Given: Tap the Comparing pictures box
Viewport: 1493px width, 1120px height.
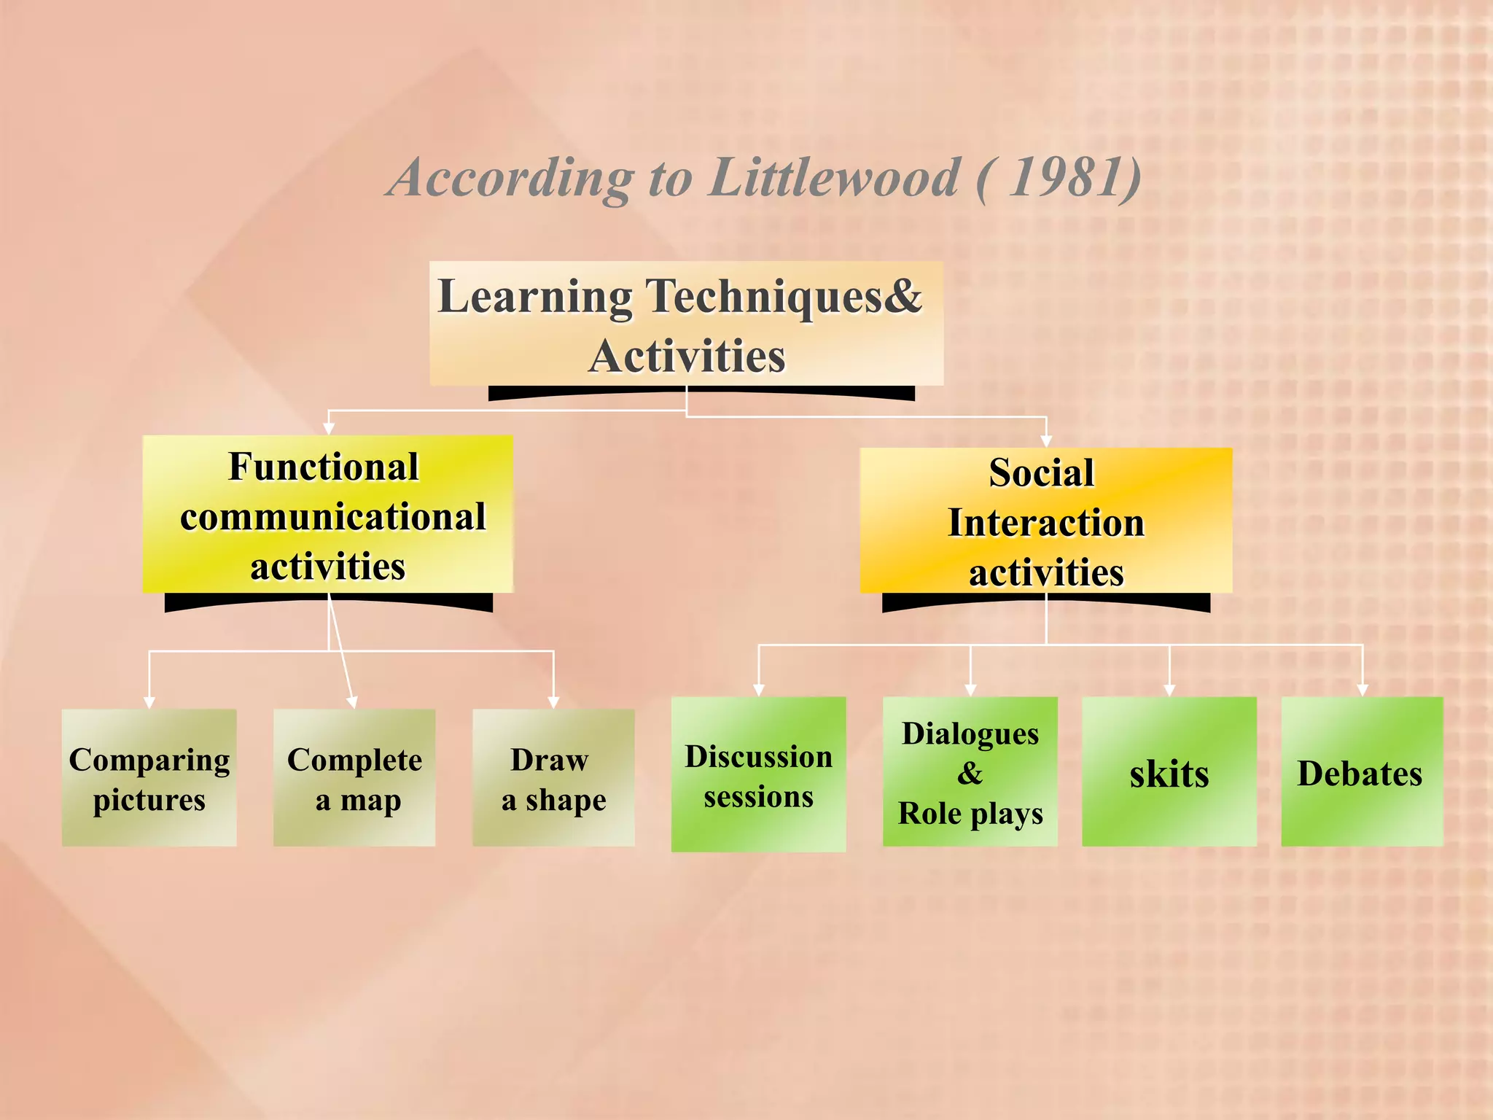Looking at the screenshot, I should click(x=149, y=778).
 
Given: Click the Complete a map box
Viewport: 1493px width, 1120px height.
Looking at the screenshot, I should click(x=354, y=778).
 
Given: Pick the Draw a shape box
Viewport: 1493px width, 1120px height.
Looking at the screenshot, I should click(x=553, y=778).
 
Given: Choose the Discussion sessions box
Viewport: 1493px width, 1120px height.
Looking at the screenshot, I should click(x=758, y=774).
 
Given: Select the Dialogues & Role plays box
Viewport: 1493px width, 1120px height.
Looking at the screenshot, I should click(x=970, y=771).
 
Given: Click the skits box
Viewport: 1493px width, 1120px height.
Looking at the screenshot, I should click(x=1169, y=771).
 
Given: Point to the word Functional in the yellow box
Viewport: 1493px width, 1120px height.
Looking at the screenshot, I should click(x=324, y=467).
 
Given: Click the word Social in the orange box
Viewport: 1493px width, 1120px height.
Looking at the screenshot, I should click(x=1042, y=472).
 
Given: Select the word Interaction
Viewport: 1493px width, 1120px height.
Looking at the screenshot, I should click(x=1046, y=523).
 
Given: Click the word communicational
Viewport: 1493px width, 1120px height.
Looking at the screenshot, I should click(x=332, y=517).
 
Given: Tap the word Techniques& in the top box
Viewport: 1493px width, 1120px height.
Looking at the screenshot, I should click(x=784, y=297).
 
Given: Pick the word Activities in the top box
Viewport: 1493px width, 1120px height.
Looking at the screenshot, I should click(x=687, y=357).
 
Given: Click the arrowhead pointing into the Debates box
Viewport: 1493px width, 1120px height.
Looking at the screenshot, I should click(x=1363, y=690).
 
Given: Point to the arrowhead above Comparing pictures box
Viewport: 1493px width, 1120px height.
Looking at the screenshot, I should click(x=149, y=702).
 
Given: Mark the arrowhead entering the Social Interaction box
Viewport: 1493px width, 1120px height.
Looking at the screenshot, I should click(x=1046, y=441).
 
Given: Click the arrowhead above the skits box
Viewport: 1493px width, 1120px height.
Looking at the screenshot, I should click(x=1170, y=690).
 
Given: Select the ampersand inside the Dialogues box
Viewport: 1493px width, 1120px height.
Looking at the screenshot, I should click(x=970, y=773).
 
